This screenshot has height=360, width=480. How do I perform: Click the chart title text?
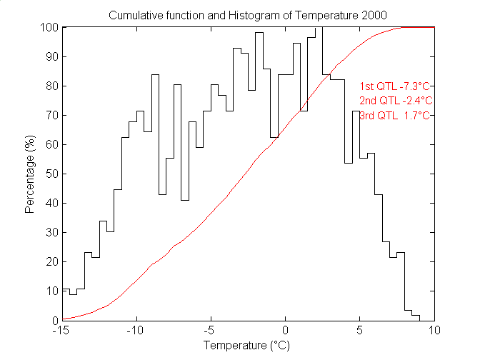click(x=249, y=15)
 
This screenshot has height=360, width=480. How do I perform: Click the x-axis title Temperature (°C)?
click(x=248, y=346)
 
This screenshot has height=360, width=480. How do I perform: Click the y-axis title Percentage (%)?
click(x=31, y=174)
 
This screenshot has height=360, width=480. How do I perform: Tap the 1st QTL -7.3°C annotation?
click(x=396, y=86)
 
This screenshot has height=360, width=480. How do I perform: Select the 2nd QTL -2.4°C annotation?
click(x=396, y=100)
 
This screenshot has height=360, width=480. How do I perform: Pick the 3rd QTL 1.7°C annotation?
click(x=396, y=115)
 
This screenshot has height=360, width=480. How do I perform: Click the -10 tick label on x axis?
click(x=136, y=331)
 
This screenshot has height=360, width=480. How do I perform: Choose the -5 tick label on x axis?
click(x=210, y=331)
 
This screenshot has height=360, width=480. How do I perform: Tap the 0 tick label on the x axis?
click(x=285, y=331)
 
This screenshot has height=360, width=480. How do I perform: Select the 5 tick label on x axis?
click(x=359, y=331)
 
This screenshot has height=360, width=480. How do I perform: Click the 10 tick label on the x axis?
click(x=434, y=331)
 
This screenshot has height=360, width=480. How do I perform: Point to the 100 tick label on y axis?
click(x=49, y=27)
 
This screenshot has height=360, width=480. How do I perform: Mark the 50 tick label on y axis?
click(x=51, y=174)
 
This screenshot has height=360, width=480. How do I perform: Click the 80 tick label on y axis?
click(x=51, y=86)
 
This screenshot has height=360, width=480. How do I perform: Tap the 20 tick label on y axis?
click(x=51, y=261)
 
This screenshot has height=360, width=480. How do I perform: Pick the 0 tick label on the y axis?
click(x=54, y=320)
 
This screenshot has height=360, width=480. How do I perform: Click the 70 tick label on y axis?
click(x=51, y=115)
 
